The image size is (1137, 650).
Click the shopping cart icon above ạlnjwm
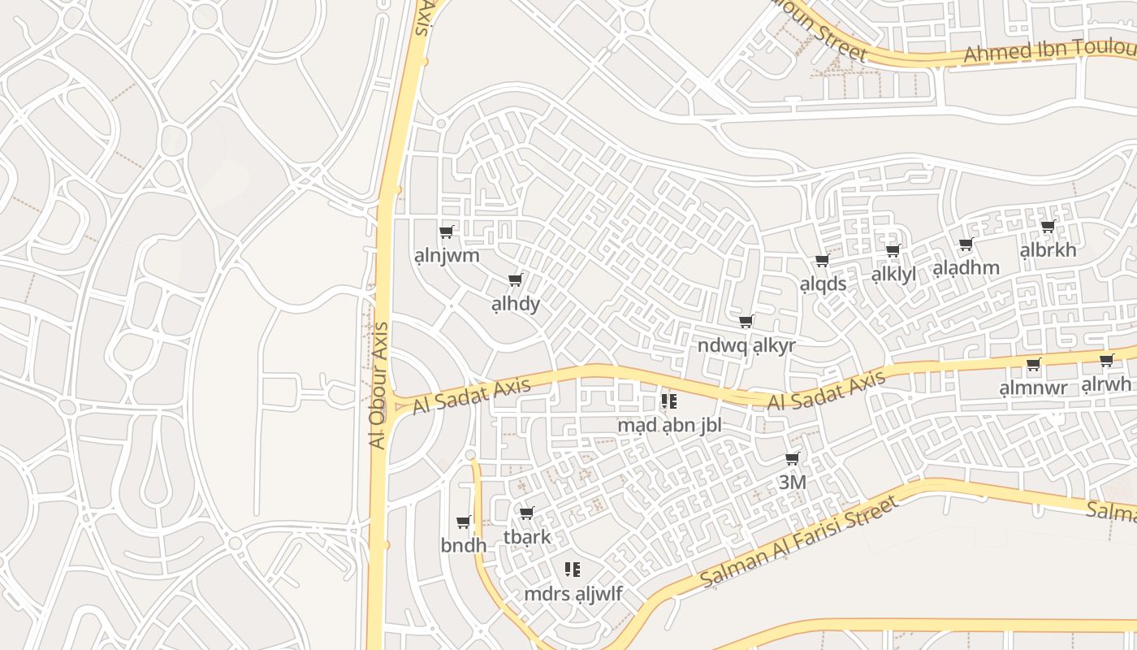pos(446,232)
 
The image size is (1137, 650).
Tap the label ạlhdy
pos(516,305)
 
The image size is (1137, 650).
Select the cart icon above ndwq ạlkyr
pos(746,322)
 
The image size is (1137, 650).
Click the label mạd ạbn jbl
pos(669,425)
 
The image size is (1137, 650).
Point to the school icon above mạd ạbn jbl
pos(669,401)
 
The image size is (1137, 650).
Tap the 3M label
pos(793,482)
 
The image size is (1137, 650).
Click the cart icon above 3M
pos(793,459)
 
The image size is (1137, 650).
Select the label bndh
pos(464,545)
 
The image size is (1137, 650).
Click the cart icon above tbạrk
pos(526,513)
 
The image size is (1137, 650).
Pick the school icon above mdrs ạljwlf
pos(573,570)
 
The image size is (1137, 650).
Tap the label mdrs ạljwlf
pos(573,594)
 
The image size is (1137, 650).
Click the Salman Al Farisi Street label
pos(800,541)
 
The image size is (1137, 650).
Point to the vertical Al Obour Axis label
pos(378,386)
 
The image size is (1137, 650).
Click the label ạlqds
pos(823,284)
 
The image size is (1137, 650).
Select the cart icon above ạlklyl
pos(893,251)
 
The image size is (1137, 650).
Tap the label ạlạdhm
pos(966,268)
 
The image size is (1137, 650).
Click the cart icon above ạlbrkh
pos(1048,227)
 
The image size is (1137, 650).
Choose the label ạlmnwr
pos(1033,388)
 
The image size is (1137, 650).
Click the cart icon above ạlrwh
pos(1106,362)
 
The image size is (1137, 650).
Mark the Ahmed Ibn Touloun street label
pos(1048,50)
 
